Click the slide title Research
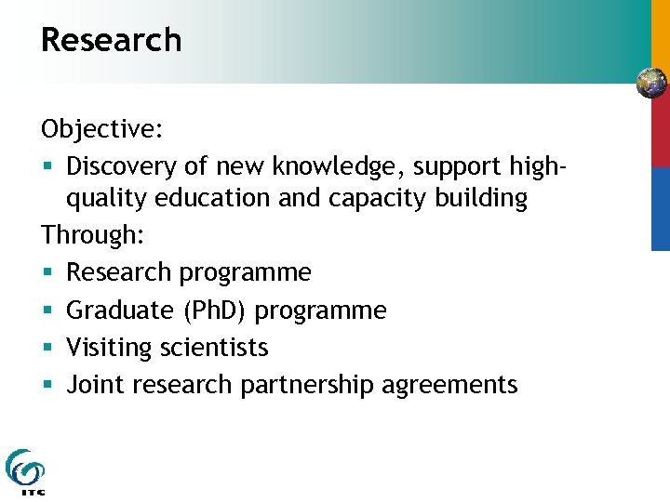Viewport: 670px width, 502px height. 111,40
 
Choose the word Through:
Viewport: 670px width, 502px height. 91,235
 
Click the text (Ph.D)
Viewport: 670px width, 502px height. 220,310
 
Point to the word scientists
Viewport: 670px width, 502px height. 214,347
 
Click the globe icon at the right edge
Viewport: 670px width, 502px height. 652,84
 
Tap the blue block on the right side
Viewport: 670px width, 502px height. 660,208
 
